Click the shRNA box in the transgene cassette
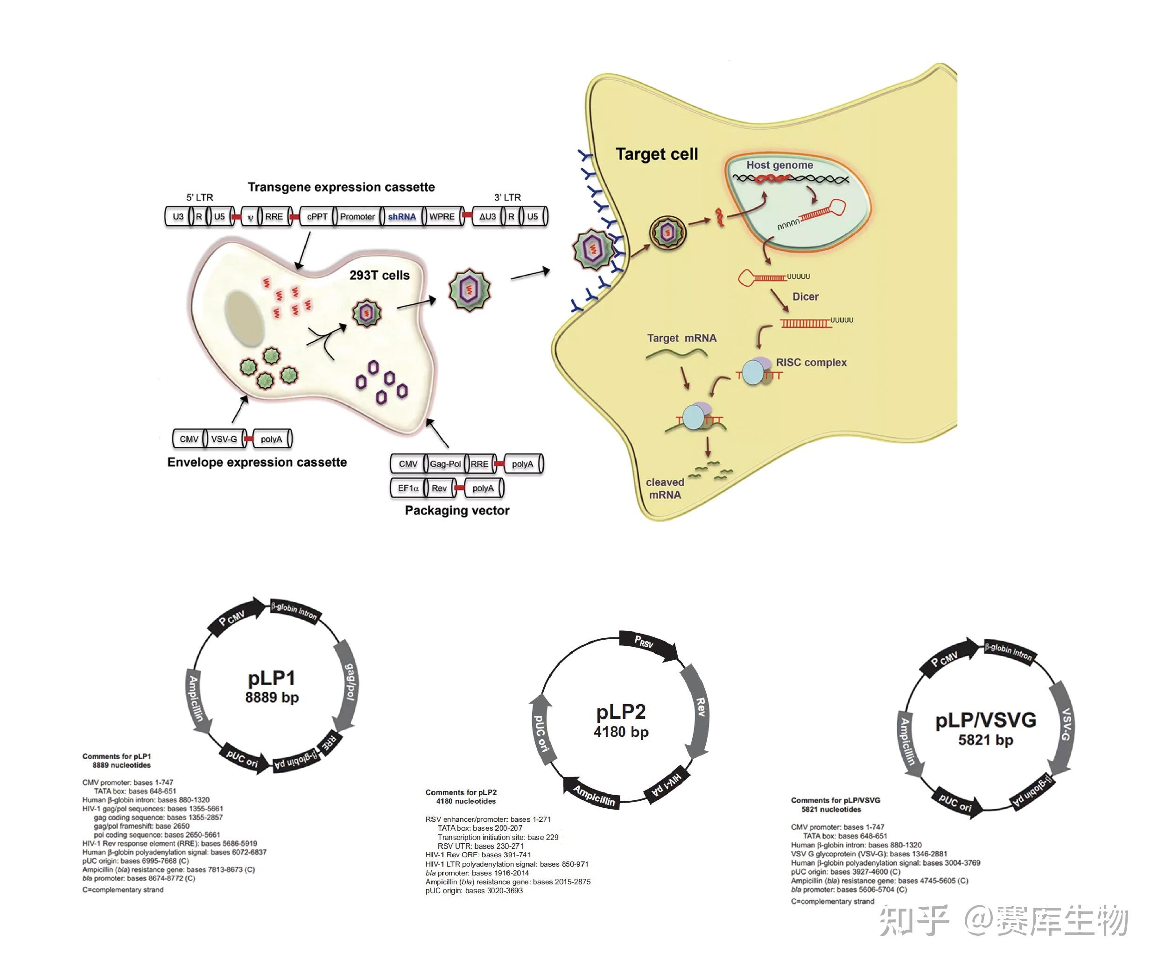tap(401, 217)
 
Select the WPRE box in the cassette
tap(442, 217)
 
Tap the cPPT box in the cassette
tap(317, 217)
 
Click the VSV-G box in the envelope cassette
tap(224, 439)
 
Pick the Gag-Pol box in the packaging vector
tap(445, 464)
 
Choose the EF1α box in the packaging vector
tap(408, 488)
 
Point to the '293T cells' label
tap(379, 275)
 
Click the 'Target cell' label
tap(657, 154)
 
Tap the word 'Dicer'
tap(805, 297)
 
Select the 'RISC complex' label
tap(811, 362)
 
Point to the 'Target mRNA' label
tap(681, 338)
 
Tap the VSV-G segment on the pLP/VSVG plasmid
tap(1062, 725)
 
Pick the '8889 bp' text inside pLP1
tap(272, 698)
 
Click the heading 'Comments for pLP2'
tap(461, 793)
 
